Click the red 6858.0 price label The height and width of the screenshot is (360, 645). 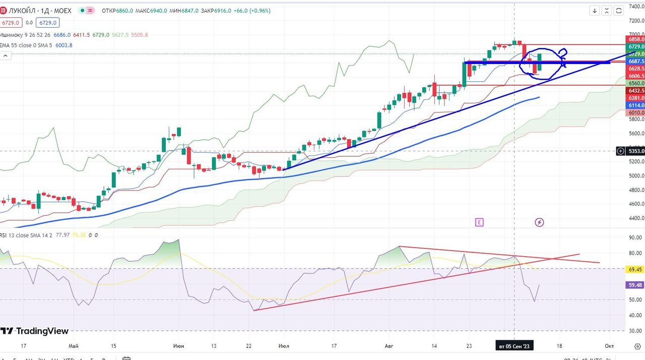click(636, 39)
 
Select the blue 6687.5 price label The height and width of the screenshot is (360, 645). click(636, 61)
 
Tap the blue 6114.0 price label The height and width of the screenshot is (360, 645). click(636, 105)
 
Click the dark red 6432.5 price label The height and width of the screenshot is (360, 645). click(636, 90)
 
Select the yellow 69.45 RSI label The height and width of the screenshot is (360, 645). click(635, 270)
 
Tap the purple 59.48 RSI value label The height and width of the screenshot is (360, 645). click(635, 285)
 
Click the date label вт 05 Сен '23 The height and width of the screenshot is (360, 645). click(514, 346)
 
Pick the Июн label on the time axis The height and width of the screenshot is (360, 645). click(178, 346)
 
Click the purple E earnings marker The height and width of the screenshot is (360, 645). click(479, 222)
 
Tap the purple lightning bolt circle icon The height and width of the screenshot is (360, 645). click(539, 222)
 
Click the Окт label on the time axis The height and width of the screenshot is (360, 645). click(609, 346)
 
